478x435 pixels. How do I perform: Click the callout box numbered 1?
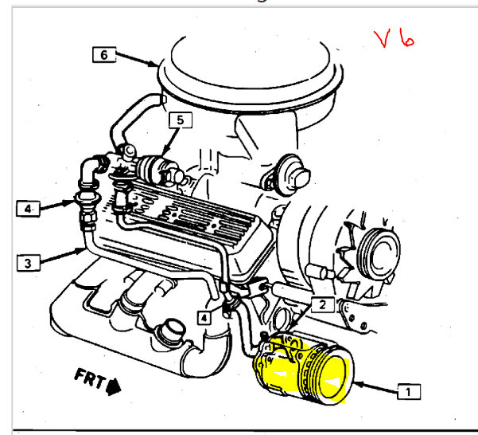click(x=409, y=391)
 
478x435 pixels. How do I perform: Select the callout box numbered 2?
click(x=323, y=304)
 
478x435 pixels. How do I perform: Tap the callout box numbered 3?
click(x=29, y=263)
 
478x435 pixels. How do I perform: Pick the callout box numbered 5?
click(x=181, y=120)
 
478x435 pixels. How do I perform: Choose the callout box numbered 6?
click(x=104, y=55)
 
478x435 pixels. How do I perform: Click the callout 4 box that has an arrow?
click(x=28, y=209)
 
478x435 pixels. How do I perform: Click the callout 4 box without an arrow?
click(x=204, y=318)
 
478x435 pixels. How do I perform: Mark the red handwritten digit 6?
click(x=407, y=38)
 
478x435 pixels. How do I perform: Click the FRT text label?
click(x=90, y=378)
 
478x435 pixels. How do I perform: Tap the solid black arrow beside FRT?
click(x=114, y=387)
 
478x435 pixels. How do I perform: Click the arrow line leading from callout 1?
click(x=376, y=386)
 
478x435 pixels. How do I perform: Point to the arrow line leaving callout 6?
click(x=137, y=60)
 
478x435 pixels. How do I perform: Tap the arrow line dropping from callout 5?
click(x=171, y=142)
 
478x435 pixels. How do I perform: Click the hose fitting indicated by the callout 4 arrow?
click(x=87, y=198)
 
